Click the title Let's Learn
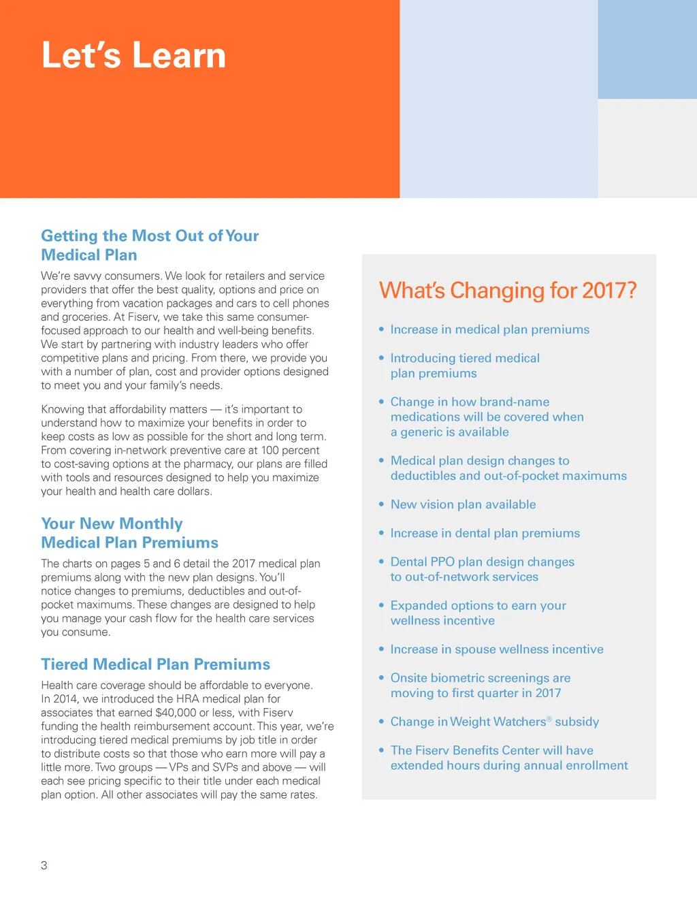pos(133,55)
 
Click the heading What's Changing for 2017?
pos(508,291)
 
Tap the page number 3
pos(44,865)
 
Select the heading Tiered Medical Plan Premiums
pos(155,664)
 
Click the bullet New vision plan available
pos(463,504)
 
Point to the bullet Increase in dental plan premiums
pos(485,533)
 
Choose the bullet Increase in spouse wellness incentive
pos(497,649)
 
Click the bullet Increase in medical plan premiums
pos(489,329)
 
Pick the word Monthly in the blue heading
pos(150,524)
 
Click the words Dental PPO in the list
pos(422,562)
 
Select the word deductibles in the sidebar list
pos(422,476)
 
